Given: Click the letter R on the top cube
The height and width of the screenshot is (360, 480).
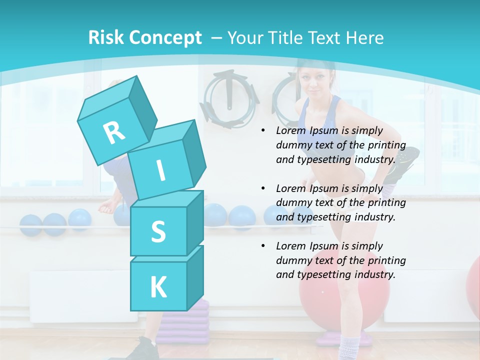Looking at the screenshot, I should [x=114, y=132].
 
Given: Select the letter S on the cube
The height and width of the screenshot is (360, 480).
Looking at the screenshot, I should [x=158, y=231].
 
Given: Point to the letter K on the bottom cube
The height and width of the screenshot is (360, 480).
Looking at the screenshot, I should [x=158, y=287].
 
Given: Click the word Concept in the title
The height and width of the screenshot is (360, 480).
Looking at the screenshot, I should [x=165, y=37].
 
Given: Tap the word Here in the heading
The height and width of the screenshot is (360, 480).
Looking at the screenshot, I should [x=363, y=37].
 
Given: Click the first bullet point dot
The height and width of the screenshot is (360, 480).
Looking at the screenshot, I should [x=263, y=131].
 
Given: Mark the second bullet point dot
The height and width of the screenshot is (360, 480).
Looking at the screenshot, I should [x=263, y=188].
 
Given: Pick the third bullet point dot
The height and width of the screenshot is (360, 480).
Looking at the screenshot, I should [x=263, y=246].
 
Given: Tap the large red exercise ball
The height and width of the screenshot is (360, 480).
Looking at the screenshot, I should [x=345, y=300].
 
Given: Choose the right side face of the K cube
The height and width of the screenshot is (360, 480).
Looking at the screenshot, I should [x=195, y=277].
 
